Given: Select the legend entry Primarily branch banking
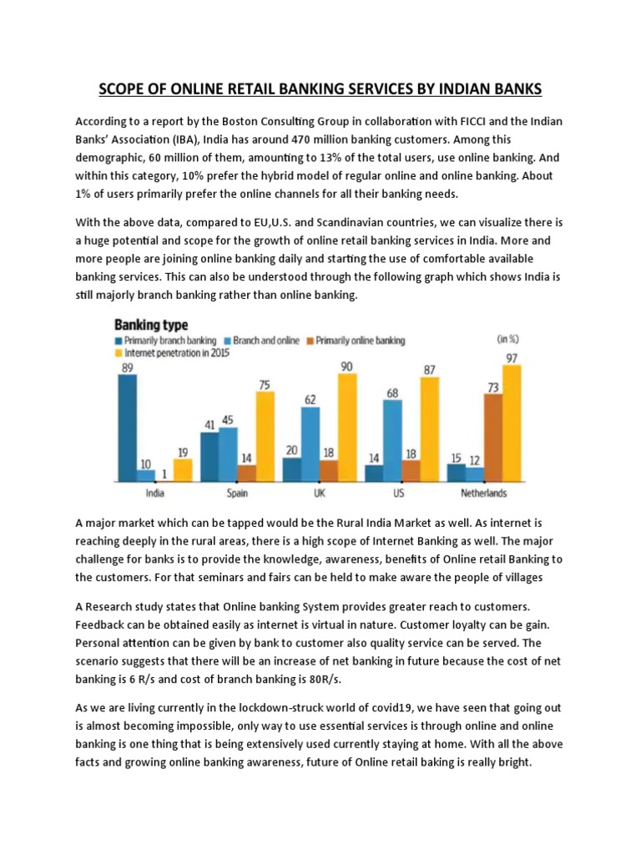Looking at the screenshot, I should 166,341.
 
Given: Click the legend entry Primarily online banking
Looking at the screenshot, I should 361,341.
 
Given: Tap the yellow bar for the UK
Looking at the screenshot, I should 347,427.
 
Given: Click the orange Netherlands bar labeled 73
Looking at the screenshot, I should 492,438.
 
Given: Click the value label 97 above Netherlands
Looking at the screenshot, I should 511,358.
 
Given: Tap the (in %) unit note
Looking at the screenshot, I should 508,340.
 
